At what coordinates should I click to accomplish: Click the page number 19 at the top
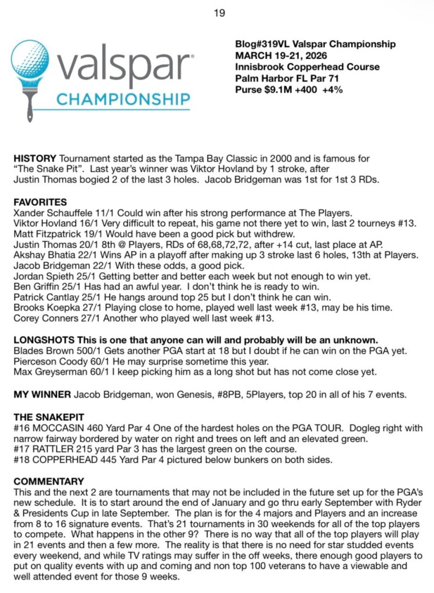[219, 13]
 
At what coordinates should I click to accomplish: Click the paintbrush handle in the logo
[30, 107]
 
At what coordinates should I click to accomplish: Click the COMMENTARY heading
[49, 481]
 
